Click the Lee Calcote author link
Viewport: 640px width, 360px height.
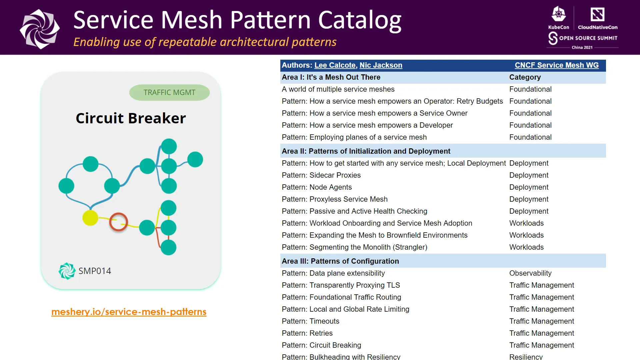point(335,65)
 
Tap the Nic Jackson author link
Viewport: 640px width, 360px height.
point(381,65)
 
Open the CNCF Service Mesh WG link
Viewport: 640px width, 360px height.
point(556,65)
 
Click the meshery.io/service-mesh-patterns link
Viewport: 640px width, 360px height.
point(129,312)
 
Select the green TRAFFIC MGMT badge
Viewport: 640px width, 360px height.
point(169,92)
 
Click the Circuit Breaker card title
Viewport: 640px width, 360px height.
point(131,118)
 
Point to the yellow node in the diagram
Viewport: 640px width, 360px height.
point(90,218)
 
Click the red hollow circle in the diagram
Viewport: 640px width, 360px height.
point(119,222)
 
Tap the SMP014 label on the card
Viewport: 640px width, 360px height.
point(95,271)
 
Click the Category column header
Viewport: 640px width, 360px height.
point(525,77)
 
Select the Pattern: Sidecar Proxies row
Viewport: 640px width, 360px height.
point(321,175)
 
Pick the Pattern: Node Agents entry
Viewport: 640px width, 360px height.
point(317,187)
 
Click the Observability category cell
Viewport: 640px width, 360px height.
point(530,273)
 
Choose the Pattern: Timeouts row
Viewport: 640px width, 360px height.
point(310,321)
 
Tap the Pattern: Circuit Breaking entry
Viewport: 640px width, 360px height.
point(321,345)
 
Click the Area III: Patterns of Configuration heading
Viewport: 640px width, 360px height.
point(340,261)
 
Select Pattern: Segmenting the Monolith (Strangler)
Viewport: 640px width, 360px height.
point(354,247)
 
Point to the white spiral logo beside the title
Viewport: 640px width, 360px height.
point(40,29)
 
